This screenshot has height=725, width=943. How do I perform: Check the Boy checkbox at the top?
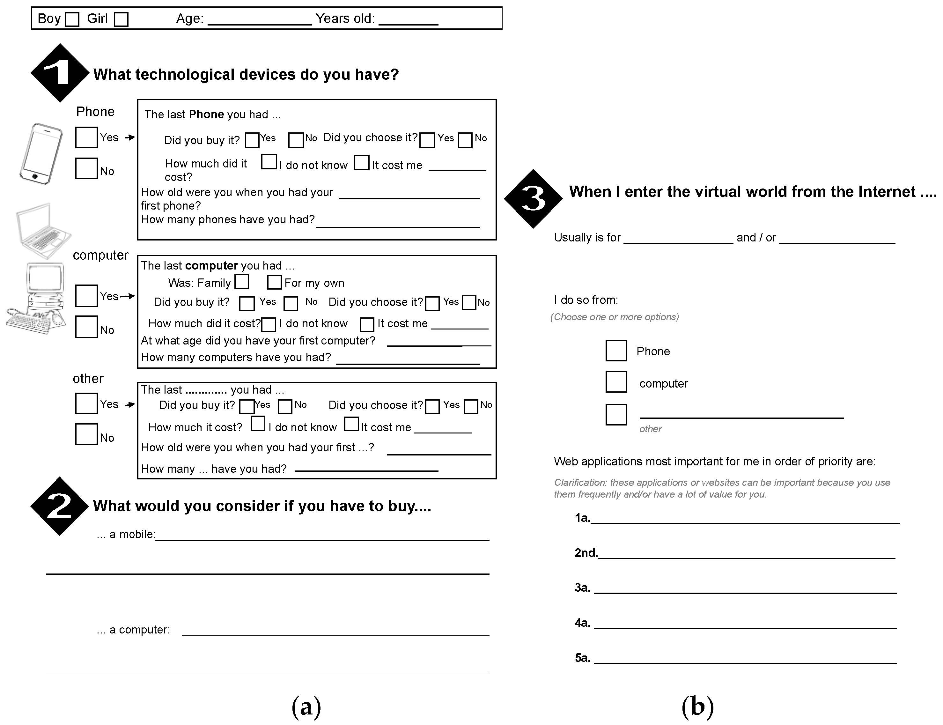tap(72, 19)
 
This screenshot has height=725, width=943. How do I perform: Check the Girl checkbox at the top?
tap(121, 19)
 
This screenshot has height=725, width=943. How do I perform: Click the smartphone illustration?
tap(41, 154)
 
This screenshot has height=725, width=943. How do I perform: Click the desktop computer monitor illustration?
tap(45, 277)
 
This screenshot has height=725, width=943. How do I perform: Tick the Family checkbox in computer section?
tap(242, 281)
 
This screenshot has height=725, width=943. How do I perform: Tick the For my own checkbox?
tap(274, 282)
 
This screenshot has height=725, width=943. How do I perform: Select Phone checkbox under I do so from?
tap(616, 351)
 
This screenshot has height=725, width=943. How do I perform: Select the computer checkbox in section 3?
tap(616, 382)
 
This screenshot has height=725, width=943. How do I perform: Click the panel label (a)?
tap(306, 707)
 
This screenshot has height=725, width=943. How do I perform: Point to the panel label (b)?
tap(697, 707)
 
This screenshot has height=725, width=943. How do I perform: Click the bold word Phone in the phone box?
tap(206, 115)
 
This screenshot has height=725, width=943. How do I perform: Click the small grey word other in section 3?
tap(650, 429)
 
